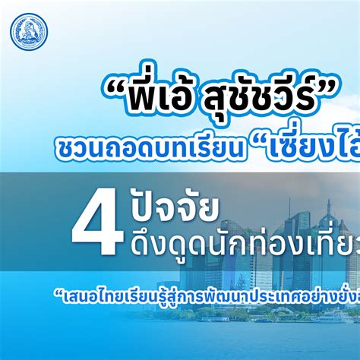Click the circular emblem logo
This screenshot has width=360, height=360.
(30, 30)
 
